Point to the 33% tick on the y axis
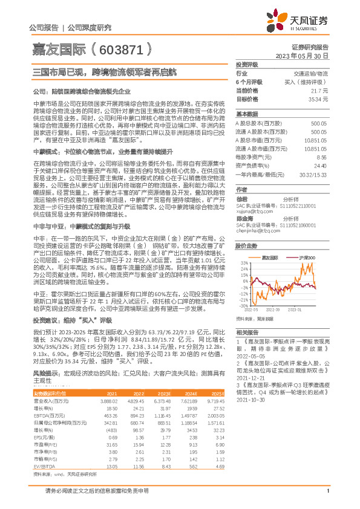pos(242,263)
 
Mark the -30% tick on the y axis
pos(242,306)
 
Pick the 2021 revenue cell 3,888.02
pos(107,401)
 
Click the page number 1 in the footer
pos(327,498)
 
